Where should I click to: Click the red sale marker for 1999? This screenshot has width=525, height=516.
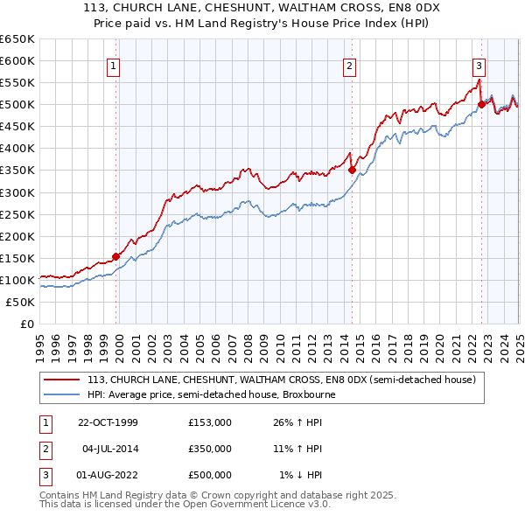click(x=116, y=256)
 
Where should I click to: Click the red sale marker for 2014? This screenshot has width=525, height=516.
click(x=352, y=171)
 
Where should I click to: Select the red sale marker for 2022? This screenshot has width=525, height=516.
click(x=481, y=104)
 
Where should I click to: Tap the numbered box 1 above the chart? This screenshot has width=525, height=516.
click(x=115, y=64)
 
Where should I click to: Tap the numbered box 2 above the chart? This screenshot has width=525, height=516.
click(x=349, y=64)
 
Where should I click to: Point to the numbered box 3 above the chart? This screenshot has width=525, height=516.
click(x=479, y=64)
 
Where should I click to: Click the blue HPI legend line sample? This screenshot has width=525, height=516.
click(x=61, y=394)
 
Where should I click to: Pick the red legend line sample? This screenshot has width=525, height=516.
click(x=61, y=380)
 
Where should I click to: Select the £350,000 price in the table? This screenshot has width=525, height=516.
click(x=209, y=449)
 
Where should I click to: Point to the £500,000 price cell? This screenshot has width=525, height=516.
click(x=209, y=475)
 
